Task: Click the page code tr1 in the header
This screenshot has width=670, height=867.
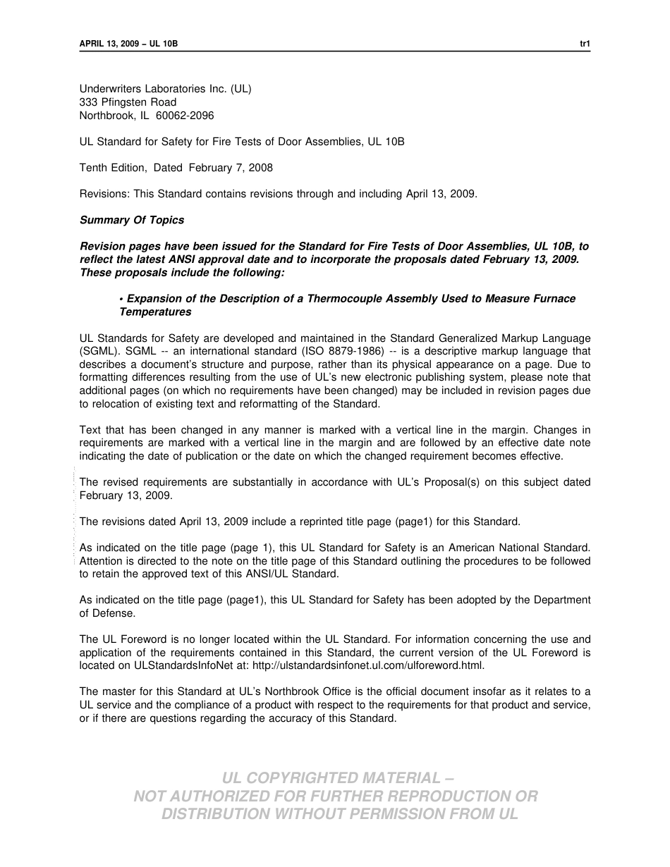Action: click(x=585, y=44)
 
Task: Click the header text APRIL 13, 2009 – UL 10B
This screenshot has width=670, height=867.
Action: click(x=128, y=44)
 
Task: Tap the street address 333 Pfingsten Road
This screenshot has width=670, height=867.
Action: click(x=128, y=102)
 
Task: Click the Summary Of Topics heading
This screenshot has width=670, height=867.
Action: click(x=132, y=220)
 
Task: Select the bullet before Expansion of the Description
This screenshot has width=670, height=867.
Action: click(x=121, y=299)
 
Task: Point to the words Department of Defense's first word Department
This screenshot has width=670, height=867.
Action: click(x=561, y=600)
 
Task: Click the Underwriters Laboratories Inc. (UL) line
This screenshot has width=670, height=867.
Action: click(x=165, y=89)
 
